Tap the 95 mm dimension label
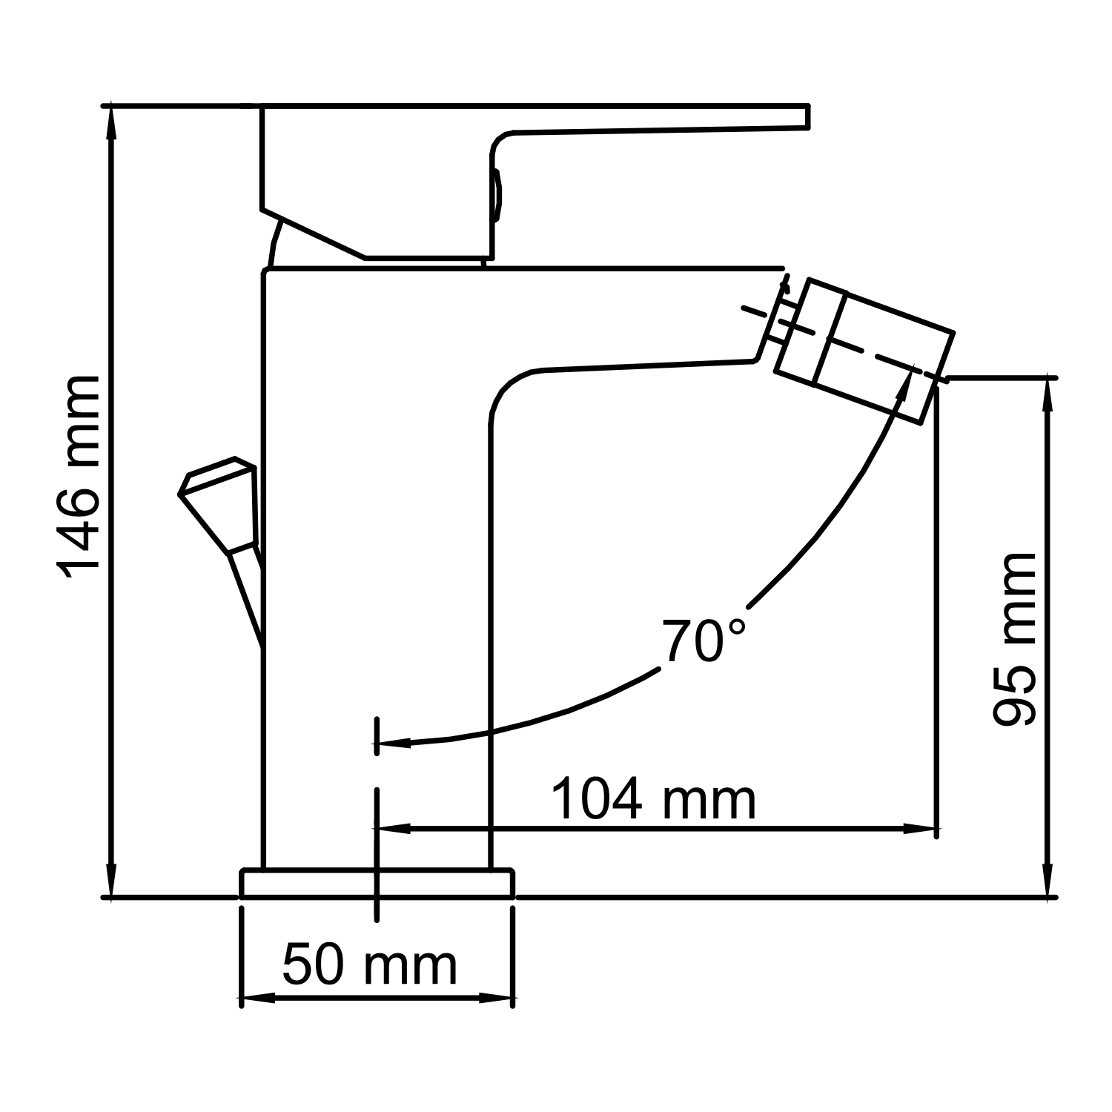coord(1013,639)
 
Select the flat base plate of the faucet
coord(377,884)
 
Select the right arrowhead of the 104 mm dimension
coord(919,827)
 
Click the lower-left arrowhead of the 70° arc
coord(393,742)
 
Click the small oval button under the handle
coord(497,195)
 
